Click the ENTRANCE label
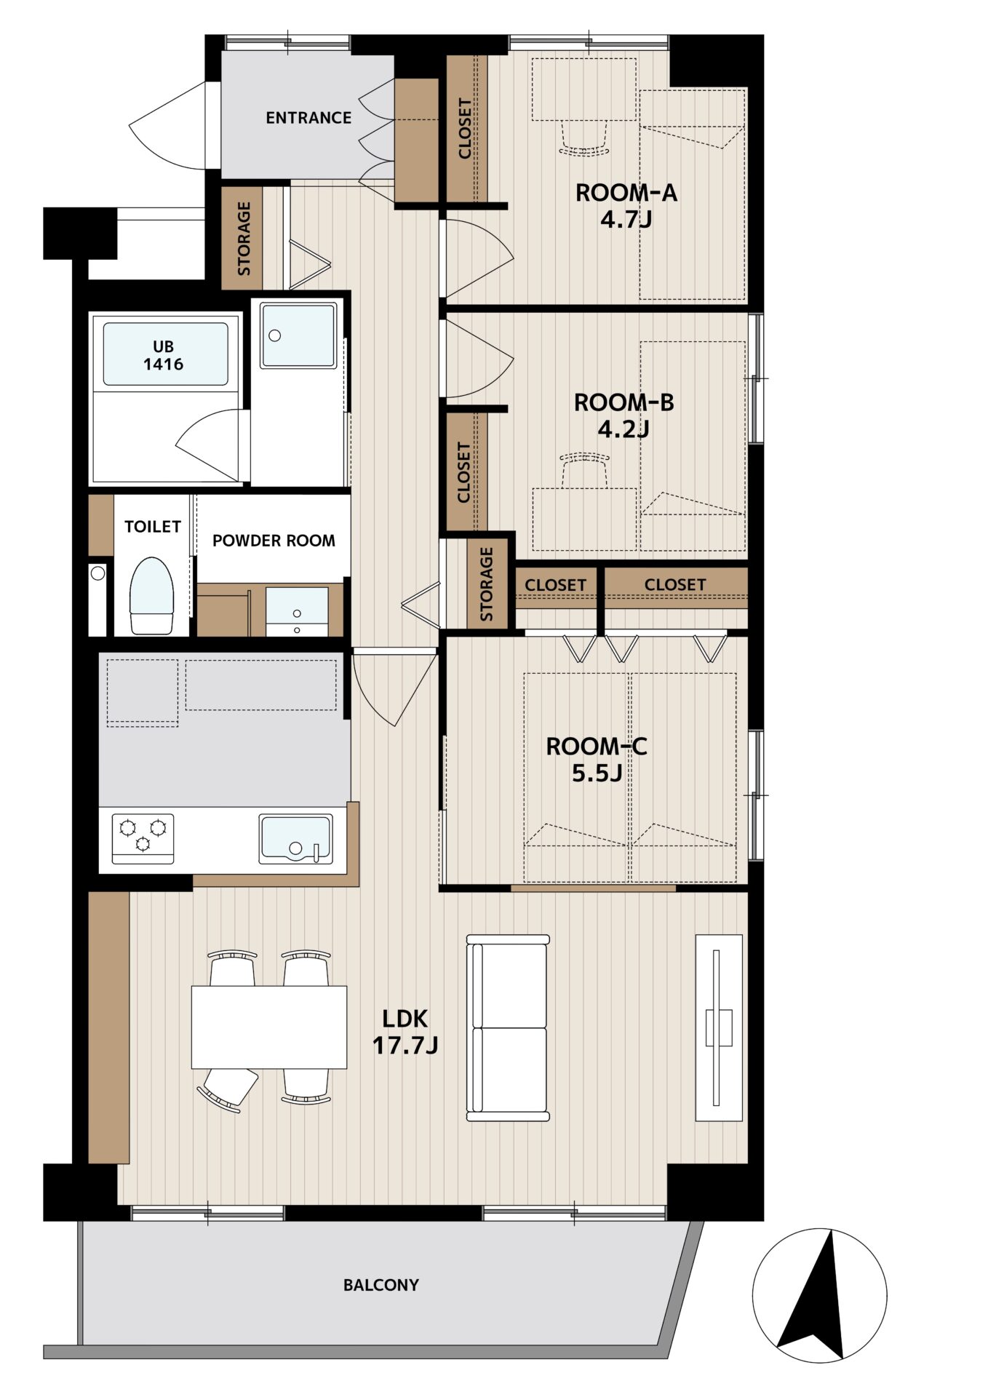pyautogui.click(x=308, y=118)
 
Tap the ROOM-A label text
pyautogui.click(x=626, y=193)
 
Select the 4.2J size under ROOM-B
pyautogui.click(x=624, y=429)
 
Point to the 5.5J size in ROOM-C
pyautogui.click(x=597, y=773)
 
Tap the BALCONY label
pyautogui.click(x=381, y=1285)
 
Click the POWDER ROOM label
pyautogui.click(x=274, y=541)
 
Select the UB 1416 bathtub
pyautogui.click(x=165, y=354)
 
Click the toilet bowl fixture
pyautogui.click(x=152, y=595)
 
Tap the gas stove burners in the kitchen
pyautogui.click(x=143, y=837)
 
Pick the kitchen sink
pyautogui.click(x=296, y=838)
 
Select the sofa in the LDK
pyautogui.click(x=508, y=1027)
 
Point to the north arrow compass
pyautogui.click(x=820, y=1295)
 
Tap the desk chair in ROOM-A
pyautogui.click(x=583, y=138)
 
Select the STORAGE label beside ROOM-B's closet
pyautogui.click(x=487, y=584)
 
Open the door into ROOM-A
pyautogui.click(x=477, y=258)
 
